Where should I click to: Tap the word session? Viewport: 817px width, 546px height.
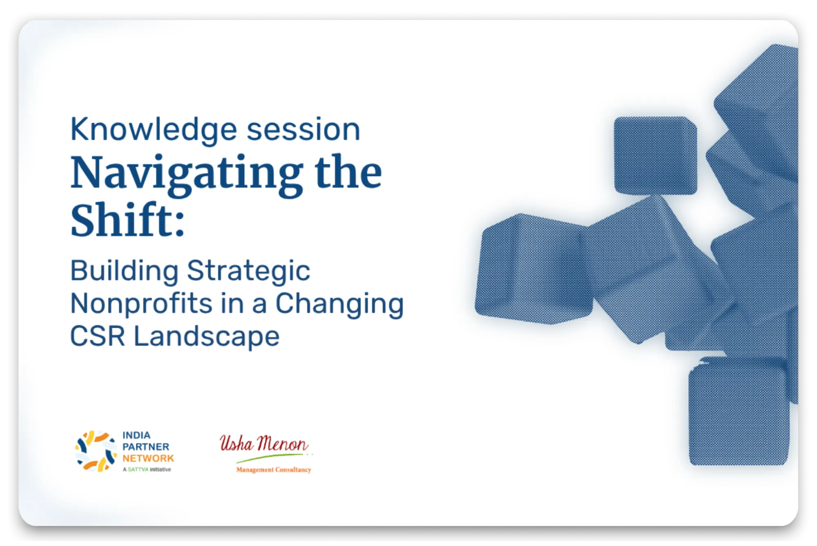coord(304,129)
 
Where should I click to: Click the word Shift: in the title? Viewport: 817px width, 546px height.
coord(127,219)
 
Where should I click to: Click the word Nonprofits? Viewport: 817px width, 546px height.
coord(141,304)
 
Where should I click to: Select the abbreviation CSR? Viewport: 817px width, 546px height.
coord(98,336)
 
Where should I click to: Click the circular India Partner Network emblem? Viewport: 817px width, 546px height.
coord(96,452)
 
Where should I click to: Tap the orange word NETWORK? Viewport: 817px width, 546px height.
coord(148,459)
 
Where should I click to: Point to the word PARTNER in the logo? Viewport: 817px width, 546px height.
coord(146,447)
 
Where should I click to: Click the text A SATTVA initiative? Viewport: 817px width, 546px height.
coord(147,470)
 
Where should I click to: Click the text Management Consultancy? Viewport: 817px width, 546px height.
coord(274,470)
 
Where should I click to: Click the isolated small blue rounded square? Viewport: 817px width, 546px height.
coord(656,156)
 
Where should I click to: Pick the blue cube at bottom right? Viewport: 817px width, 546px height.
coord(739,412)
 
